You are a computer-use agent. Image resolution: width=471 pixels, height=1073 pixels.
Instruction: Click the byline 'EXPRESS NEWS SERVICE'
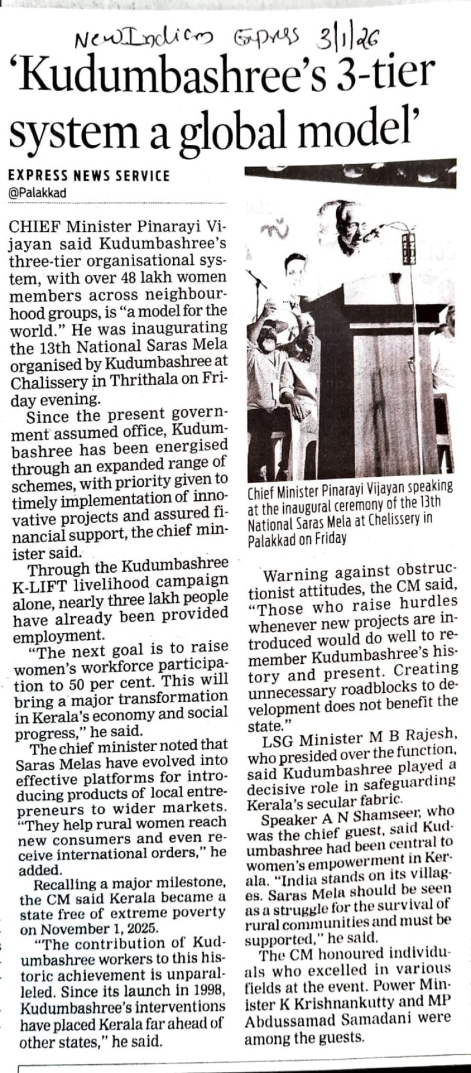pyautogui.click(x=89, y=175)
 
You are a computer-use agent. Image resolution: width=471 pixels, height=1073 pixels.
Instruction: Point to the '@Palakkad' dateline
pyautogui.click(x=38, y=192)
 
